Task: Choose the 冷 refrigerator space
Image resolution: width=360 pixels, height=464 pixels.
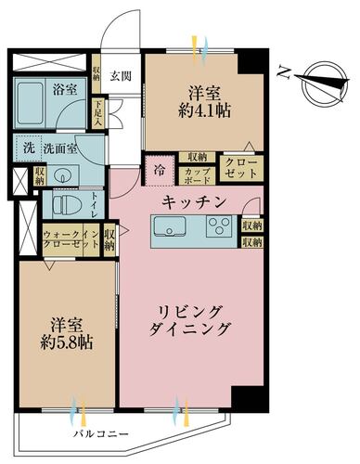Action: pos(159,171)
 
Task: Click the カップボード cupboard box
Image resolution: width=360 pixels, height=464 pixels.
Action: pos(196,173)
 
